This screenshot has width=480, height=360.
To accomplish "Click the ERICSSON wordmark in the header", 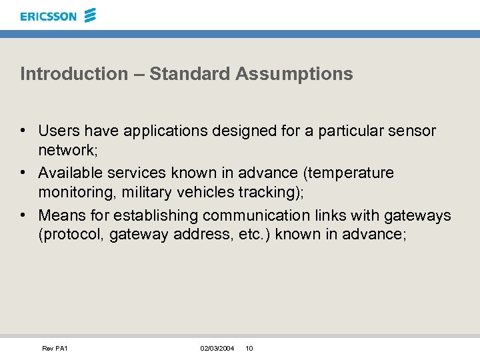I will [48, 16].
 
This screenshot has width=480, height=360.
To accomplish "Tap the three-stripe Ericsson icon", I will [91, 15].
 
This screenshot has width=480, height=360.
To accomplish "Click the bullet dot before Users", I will [23, 131].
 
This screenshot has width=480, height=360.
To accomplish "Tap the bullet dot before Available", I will [23, 173].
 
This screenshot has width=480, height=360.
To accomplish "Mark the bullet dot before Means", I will [23, 216].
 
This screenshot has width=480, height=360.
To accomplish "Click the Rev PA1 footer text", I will [55, 349].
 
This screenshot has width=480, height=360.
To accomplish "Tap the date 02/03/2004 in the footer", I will [217, 349].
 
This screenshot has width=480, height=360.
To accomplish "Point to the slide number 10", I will [249, 349].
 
